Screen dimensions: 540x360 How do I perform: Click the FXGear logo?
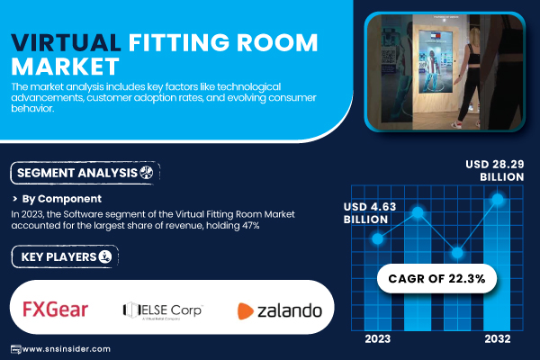[55, 309]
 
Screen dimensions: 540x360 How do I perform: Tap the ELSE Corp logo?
[163, 310]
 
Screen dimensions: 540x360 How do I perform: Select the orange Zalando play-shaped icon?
[245, 311]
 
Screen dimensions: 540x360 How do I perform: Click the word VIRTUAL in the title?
[66, 42]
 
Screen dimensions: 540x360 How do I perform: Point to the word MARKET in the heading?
[65, 67]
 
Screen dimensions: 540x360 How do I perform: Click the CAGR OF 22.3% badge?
[436, 278]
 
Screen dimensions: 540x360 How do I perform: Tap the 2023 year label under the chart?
[377, 339]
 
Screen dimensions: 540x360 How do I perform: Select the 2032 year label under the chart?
[498, 339]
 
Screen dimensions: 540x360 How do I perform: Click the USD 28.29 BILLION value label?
[494, 170]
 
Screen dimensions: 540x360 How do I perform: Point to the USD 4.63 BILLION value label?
[370, 213]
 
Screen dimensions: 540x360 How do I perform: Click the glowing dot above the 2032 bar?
[498, 199]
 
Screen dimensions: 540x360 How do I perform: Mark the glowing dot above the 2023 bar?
[377, 238]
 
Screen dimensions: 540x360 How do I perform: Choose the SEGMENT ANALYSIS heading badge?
[85, 173]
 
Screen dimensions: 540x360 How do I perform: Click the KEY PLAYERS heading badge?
[65, 256]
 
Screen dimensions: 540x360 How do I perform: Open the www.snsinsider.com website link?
[66, 349]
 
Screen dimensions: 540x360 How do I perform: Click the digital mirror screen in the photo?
[436, 61]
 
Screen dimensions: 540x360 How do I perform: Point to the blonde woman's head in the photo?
[475, 36]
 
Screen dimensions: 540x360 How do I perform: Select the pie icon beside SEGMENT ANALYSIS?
[146, 172]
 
